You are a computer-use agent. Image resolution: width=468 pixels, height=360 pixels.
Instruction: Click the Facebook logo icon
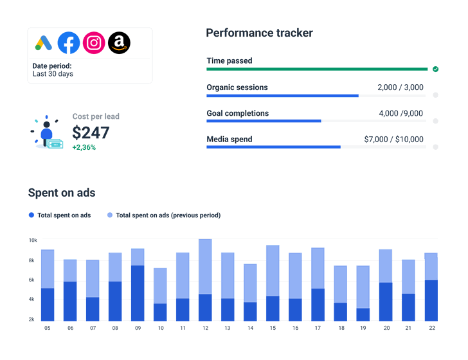[x=69, y=43]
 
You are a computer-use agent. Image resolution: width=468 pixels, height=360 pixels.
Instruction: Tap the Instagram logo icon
[x=94, y=43]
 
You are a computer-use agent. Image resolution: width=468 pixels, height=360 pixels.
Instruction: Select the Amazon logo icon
[x=119, y=43]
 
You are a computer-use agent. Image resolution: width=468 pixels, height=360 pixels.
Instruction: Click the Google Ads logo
[x=44, y=43]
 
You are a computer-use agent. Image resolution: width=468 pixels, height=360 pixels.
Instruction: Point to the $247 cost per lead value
[x=91, y=132]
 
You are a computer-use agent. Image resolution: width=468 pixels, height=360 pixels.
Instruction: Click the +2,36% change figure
[x=84, y=147]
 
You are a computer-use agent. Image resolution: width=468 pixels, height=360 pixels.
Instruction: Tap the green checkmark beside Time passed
[x=435, y=69]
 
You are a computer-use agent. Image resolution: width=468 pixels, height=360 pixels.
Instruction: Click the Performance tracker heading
[x=259, y=33]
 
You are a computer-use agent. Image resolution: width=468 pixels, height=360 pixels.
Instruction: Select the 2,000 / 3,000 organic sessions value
[x=400, y=87]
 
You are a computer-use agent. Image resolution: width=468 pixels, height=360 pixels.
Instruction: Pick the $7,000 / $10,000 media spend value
[x=393, y=139]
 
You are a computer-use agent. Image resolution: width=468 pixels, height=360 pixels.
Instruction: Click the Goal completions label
[x=237, y=114]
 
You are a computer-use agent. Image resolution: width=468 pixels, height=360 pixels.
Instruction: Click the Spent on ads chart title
[x=62, y=192]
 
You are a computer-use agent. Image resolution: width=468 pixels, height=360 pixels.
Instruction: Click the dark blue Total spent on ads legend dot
[x=32, y=215]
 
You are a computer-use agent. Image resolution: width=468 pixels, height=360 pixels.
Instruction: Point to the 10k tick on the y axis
[x=32, y=240]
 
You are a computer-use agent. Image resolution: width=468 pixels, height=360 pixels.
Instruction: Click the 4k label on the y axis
[x=32, y=300]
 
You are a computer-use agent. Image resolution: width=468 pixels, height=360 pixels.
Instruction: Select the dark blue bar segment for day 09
[x=138, y=293]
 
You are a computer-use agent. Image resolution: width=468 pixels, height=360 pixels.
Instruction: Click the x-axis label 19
[x=363, y=328]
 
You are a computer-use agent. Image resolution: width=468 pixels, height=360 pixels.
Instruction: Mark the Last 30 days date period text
[x=53, y=74]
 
